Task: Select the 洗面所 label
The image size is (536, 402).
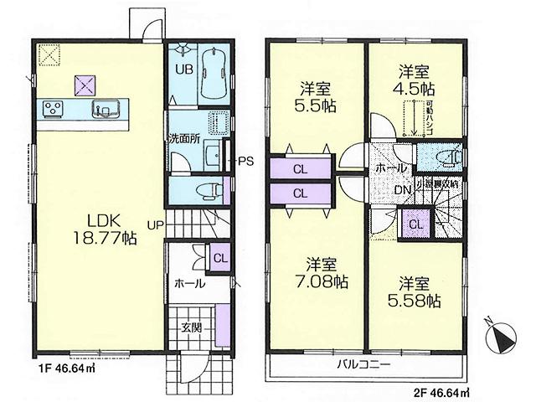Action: tap(183, 139)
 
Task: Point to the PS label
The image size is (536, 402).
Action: tap(245, 162)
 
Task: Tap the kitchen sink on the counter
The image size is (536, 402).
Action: tap(106, 108)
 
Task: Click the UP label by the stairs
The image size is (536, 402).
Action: tap(155, 224)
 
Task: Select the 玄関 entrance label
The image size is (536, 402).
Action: tap(191, 326)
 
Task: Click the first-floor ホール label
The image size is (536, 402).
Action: tap(188, 284)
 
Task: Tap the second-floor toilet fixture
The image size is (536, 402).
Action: tap(447, 157)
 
